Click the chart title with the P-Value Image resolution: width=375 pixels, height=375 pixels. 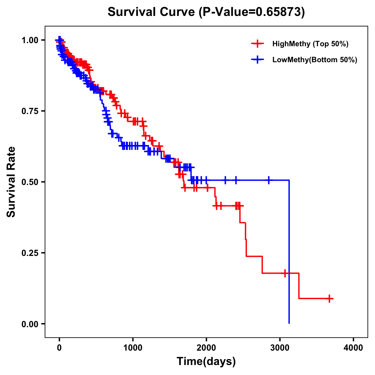[x=206, y=12]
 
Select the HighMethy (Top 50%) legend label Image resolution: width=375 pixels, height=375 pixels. [x=310, y=44]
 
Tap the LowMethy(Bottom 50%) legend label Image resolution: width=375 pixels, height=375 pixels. [x=315, y=60]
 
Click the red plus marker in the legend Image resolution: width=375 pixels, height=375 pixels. [x=257, y=44]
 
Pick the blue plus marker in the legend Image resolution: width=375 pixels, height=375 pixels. [x=257, y=60]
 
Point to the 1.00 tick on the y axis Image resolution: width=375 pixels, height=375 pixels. [x=30, y=40]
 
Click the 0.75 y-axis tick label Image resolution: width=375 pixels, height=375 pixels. [x=30, y=111]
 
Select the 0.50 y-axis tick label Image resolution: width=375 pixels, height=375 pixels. [x=30, y=182]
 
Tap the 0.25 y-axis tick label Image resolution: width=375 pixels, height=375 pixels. [x=30, y=253]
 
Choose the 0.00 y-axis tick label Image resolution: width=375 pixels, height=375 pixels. [x=30, y=324]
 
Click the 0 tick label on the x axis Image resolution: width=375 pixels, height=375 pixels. [x=59, y=348]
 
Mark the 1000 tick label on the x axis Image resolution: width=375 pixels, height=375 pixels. [x=133, y=348]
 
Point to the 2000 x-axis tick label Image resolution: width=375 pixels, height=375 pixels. [x=206, y=348]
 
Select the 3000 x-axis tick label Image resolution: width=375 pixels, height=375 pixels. [x=280, y=348]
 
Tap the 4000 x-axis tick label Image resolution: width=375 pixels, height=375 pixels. [x=353, y=348]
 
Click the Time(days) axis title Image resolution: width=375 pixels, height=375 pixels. [x=206, y=362]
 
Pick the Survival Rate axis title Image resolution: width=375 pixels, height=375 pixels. [x=11, y=182]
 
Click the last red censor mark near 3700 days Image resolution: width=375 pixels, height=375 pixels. [x=329, y=298]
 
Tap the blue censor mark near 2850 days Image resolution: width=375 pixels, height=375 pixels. [x=268, y=180]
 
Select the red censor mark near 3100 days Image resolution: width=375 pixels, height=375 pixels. [x=285, y=273]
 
